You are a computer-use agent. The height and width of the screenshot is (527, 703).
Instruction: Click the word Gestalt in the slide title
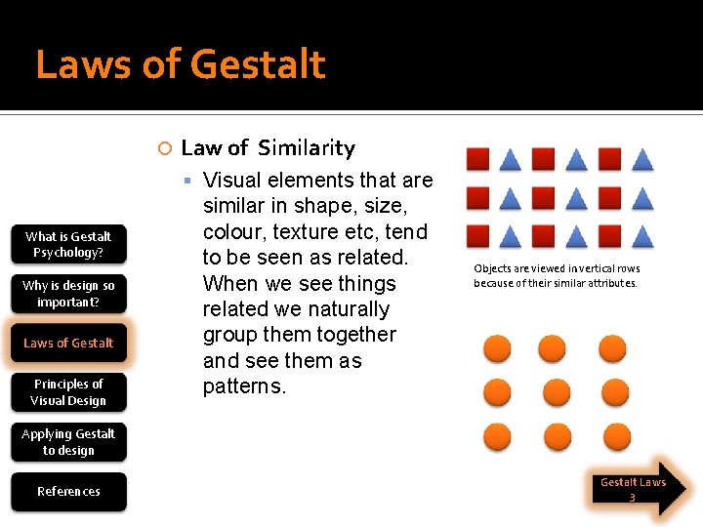[258, 65]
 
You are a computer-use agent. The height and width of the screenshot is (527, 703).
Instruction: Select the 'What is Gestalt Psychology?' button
[68, 244]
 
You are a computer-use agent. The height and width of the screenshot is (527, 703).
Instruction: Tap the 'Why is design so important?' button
[68, 293]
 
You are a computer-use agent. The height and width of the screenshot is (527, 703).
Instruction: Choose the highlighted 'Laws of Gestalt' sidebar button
[68, 343]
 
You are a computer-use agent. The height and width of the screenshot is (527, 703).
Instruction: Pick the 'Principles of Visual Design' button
[68, 391]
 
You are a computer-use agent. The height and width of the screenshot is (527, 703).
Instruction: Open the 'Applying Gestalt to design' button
[68, 441]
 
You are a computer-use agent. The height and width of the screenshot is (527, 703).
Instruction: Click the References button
[68, 491]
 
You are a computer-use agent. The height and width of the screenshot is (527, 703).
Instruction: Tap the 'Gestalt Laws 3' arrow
[637, 489]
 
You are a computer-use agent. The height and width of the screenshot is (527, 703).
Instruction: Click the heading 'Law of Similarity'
[268, 148]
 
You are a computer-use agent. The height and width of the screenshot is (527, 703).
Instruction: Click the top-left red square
[477, 159]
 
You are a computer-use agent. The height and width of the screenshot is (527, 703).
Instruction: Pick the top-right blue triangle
[641, 159]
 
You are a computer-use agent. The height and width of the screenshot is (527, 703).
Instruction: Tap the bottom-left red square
[477, 236]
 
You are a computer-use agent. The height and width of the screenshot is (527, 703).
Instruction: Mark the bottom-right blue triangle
[641, 236]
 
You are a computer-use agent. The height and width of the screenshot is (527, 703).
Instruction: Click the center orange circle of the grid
[556, 392]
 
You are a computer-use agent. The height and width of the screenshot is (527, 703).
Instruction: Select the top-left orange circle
[498, 348]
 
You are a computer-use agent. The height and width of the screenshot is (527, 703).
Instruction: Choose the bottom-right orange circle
[616, 436]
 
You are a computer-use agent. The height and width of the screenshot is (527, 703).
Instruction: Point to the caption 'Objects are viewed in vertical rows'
[557, 268]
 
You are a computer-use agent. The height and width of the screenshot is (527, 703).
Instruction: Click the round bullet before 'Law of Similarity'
[165, 148]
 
